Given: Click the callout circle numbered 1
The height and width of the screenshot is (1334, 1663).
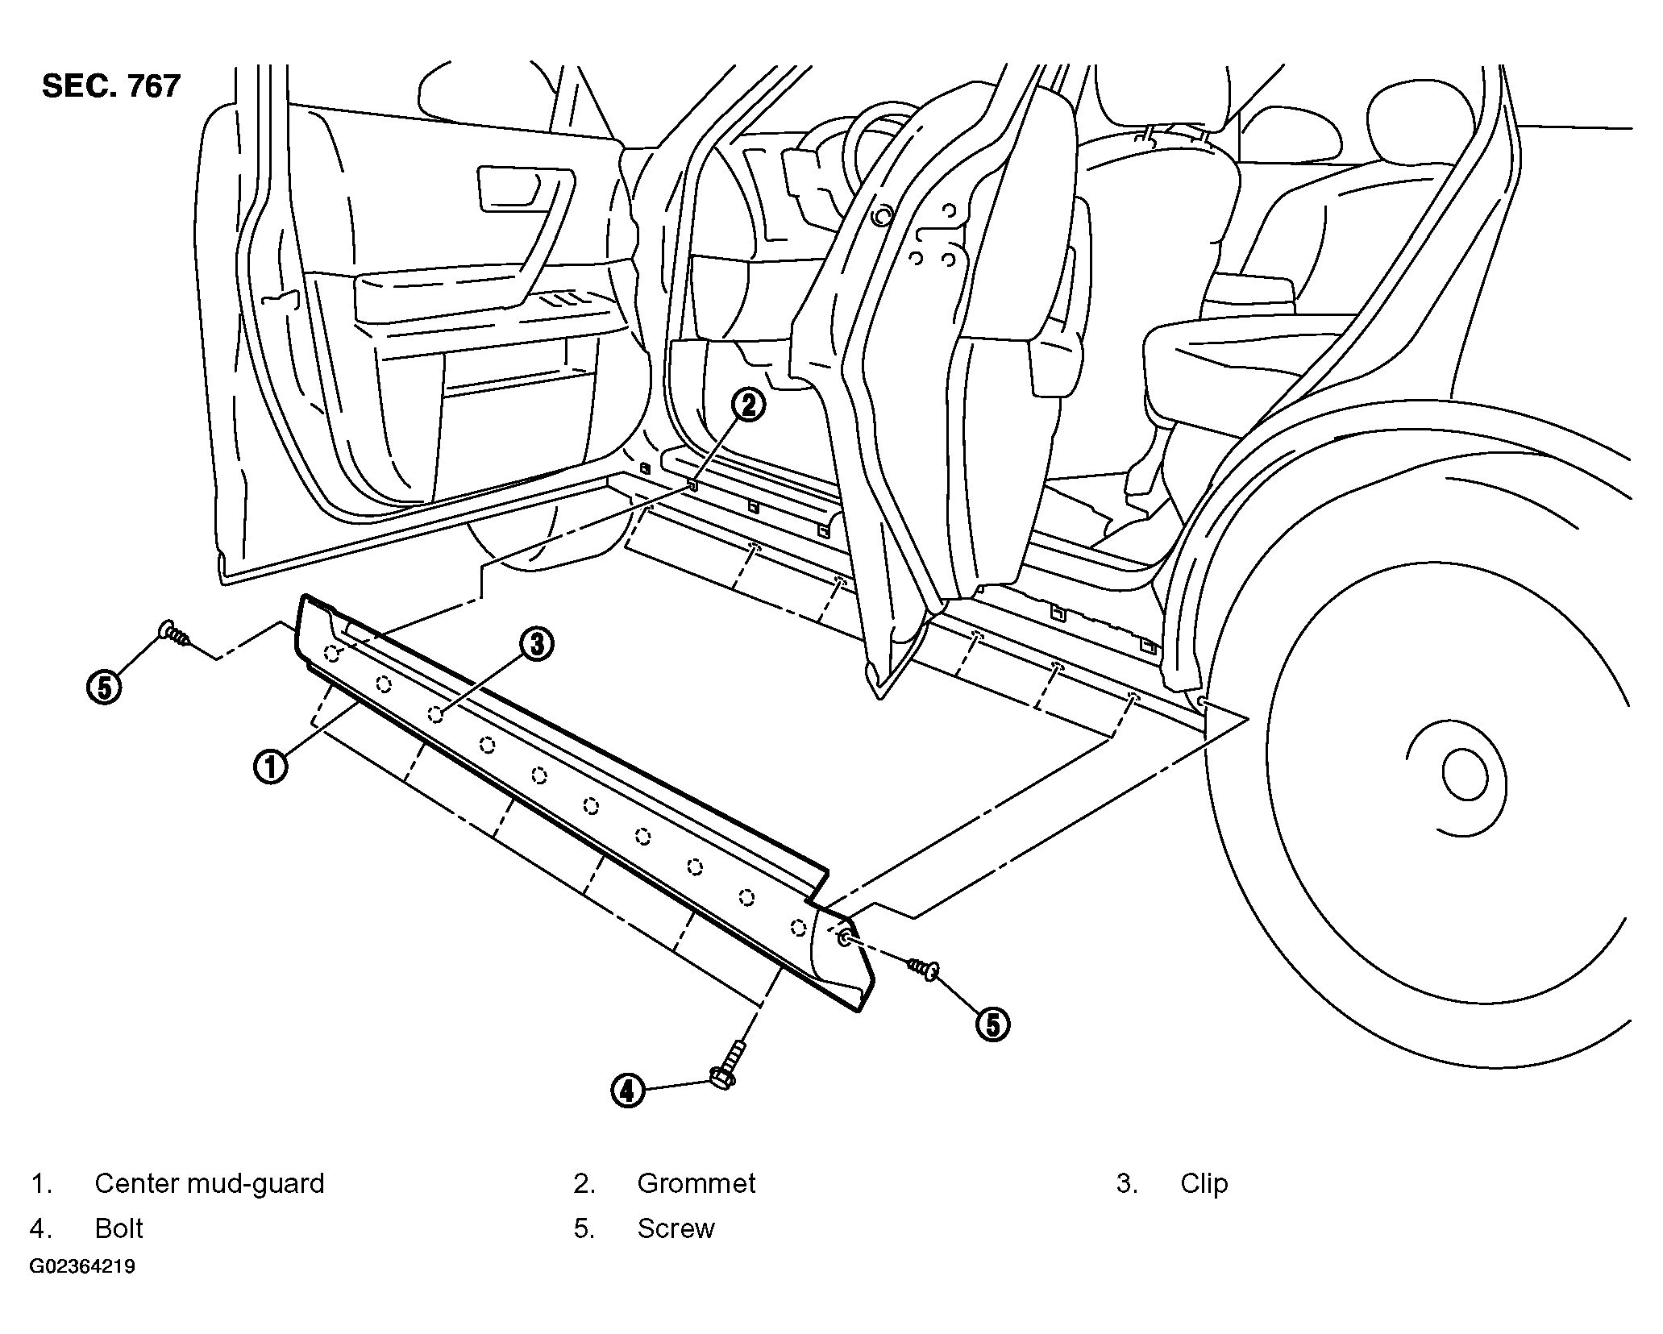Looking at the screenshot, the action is pyautogui.click(x=271, y=766).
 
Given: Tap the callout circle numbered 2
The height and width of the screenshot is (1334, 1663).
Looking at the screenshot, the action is pyautogui.click(x=749, y=405).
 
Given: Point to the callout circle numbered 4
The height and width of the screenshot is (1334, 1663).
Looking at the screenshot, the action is pyautogui.click(x=628, y=1091).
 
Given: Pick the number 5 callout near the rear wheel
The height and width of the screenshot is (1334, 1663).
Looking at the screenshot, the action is pyautogui.click(x=993, y=1024).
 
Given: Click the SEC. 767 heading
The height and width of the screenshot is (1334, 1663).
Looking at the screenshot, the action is pyautogui.click(x=111, y=86).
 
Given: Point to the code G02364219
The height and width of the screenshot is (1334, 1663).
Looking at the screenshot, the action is pyautogui.click(x=82, y=1266).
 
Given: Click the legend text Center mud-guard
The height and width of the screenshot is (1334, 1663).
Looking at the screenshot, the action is pyautogui.click(x=210, y=1183).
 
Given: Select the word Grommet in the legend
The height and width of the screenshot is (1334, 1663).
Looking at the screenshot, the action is pyautogui.click(x=696, y=1183).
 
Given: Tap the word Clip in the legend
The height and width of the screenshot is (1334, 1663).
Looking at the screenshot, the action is pyautogui.click(x=1204, y=1183).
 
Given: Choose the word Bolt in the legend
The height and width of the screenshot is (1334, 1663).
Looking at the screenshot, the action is pyautogui.click(x=119, y=1228).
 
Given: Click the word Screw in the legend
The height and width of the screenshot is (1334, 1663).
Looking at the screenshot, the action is pyautogui.click(x=676, y=1228).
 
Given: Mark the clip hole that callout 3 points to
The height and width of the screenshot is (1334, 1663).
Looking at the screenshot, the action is pyautogui.click(x=436, y=714).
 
